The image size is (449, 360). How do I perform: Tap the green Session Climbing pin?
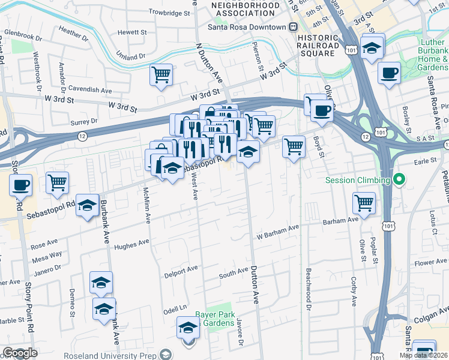pos(397,179)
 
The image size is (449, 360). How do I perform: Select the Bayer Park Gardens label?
pos(214,319)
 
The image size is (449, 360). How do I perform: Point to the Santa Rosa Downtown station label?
pos(247,27)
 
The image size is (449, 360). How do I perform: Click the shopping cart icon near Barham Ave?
pos(364,203)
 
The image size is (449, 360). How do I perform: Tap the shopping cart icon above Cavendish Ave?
pos(161,74)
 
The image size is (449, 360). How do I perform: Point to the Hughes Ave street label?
pos(131,243)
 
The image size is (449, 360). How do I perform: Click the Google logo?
pos(20,353)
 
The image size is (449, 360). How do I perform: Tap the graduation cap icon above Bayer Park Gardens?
pos(188,329)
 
